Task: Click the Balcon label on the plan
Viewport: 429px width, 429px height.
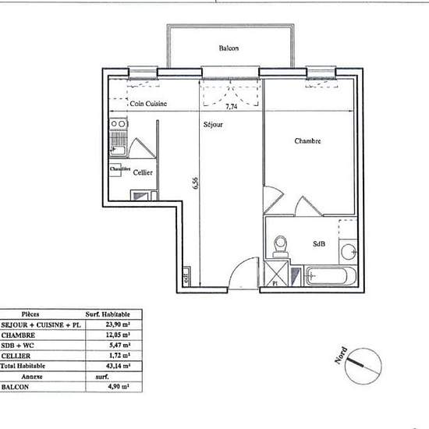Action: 229,49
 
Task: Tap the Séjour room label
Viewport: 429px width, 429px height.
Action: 213,125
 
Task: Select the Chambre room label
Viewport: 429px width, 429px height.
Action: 308,141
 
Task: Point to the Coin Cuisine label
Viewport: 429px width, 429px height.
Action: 148,105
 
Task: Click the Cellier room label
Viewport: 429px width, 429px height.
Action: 142,172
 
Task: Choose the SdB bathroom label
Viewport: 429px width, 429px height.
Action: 319,244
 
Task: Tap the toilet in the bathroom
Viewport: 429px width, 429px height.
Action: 281,245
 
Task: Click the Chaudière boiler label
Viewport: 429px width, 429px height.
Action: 120,168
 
